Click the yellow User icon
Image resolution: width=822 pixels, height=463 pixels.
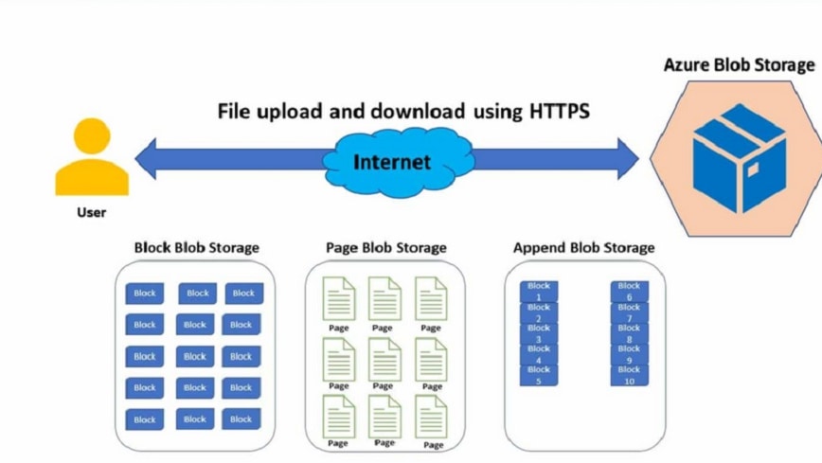[91, 156]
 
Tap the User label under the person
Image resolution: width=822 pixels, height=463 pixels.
[91, 212]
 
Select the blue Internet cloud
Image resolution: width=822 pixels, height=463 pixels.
[391, 161]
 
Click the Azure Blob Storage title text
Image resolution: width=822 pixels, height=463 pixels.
[739, 64]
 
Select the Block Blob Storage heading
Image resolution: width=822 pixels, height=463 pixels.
[196, 247]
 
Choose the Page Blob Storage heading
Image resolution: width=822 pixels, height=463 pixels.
[385, 247]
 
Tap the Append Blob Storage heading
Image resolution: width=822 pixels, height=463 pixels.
[583, 247]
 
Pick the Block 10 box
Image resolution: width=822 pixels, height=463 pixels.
[629, 375]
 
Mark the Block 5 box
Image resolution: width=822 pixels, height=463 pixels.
[538, 375]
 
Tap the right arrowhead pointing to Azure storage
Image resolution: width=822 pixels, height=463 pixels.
[629, 158]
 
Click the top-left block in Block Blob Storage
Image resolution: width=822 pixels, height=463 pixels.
[145, 294]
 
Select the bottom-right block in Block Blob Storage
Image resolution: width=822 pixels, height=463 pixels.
[242, 418]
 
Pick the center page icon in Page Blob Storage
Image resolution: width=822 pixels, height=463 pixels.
[384, 359]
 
